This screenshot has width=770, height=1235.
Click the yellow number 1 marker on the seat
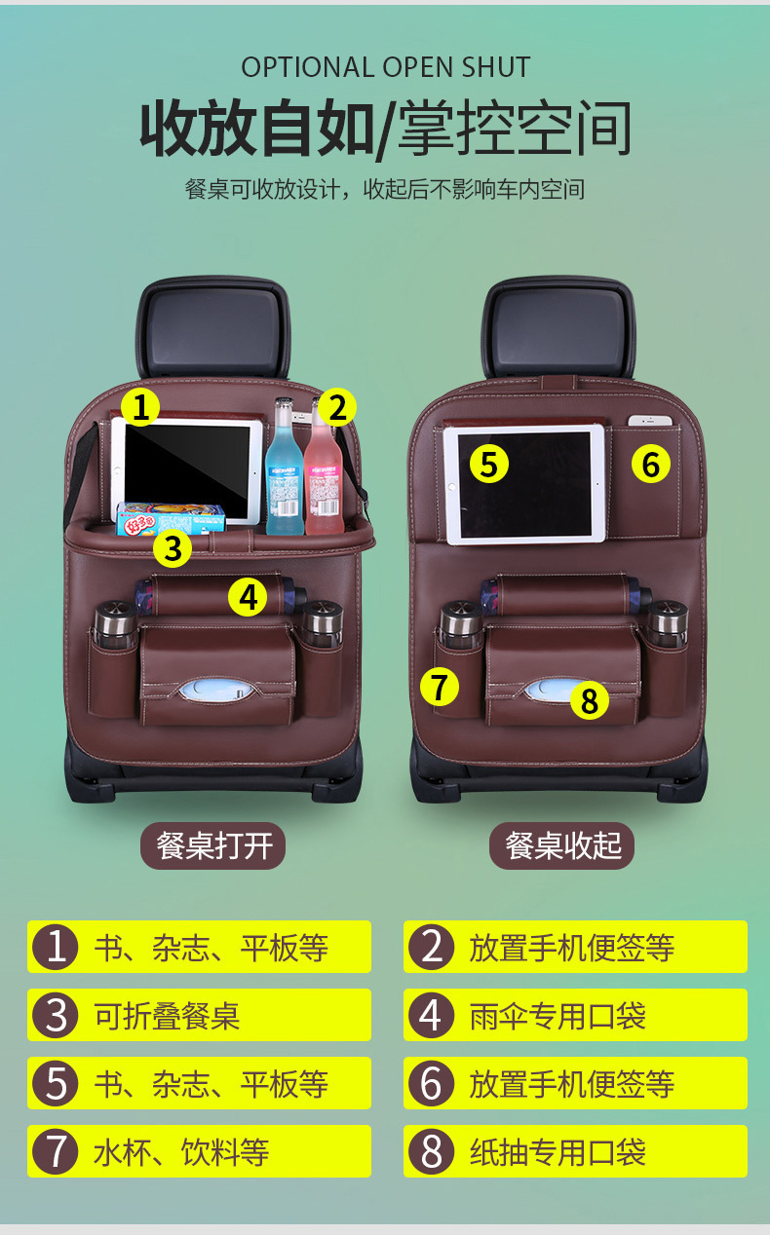point(140,406)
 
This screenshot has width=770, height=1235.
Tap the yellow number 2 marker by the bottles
point(336,407)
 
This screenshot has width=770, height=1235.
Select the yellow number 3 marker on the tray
point(173,549)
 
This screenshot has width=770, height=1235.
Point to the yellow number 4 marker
point(249,597)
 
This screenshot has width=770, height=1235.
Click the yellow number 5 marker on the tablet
point(489,464)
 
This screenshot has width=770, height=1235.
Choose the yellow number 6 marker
point(651,465)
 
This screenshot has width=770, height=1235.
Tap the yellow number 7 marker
point(440,687)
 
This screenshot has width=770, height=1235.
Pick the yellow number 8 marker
point(589,699)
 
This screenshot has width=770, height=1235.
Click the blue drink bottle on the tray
point(285,472)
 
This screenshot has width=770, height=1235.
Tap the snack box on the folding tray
point(171,519)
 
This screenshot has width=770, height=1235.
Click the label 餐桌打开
point(213,844)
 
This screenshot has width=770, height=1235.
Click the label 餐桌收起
point(562,844)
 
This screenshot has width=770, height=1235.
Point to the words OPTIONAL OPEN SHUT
point(386,67)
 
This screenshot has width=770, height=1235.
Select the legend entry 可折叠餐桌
point(199,1016)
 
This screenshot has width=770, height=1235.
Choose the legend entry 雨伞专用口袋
point(575,1016)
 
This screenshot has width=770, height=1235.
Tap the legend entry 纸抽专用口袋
point(575,1152)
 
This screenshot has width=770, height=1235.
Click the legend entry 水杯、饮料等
point(199,1152)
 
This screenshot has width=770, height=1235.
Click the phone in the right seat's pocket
point(652,422)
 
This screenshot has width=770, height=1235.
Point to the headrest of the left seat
point(212,328)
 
